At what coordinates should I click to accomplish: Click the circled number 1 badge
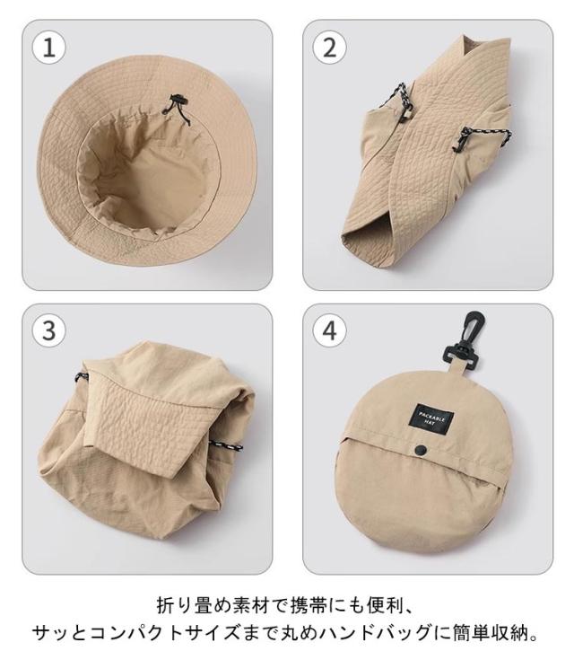[49, 48]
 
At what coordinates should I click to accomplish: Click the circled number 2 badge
[329, 48]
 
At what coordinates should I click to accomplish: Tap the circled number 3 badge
[49, 331]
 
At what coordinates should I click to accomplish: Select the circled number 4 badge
[329, 331]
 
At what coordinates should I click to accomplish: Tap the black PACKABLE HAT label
[430, 420]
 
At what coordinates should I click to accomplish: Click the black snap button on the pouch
[421, 449]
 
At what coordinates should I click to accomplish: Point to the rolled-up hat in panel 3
[145, 440]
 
